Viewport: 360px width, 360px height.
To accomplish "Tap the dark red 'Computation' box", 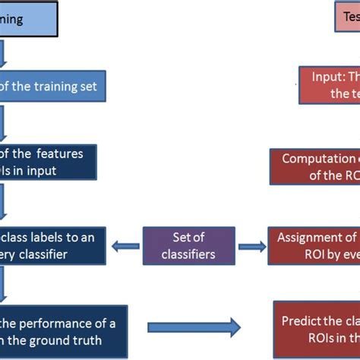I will click(314, 166).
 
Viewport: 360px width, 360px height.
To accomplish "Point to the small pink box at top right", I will click(346, 16).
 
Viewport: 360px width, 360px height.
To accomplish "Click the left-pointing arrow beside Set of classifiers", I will click(125, 245).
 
